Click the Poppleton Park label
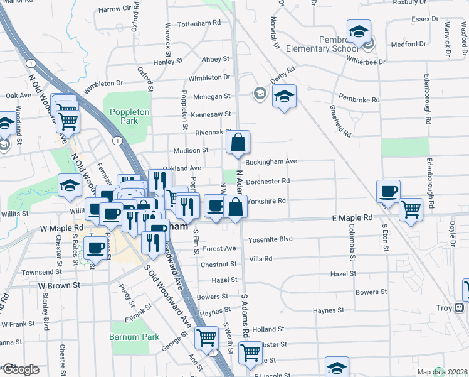pyautogui.click(x=129, y=116)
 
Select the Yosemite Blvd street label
pyautogui.click(x=270, y=239)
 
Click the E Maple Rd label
pyautogui.click(x=352, y=217)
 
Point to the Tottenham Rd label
pyautogui.click(x=199, y=23)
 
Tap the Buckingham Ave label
pyautogui.click(x=271, y=161)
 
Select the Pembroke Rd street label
pyautogui.click(x=359, y=99)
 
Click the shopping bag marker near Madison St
pyautogui.click(x=239, y=143)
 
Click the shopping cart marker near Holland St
pyautogui.click(x=206, y=337)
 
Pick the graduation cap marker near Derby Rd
pyautogui.click(x=284, y=96)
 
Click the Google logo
pyautogui.click(x=20, y=369)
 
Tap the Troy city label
pyautogui.click(x=443, y=308)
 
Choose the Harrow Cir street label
pyautogui.click(x=119, y=9)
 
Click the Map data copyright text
pyautogui.click(x=441, y=372)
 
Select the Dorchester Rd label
pyautogui.click(x=268, y=181)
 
